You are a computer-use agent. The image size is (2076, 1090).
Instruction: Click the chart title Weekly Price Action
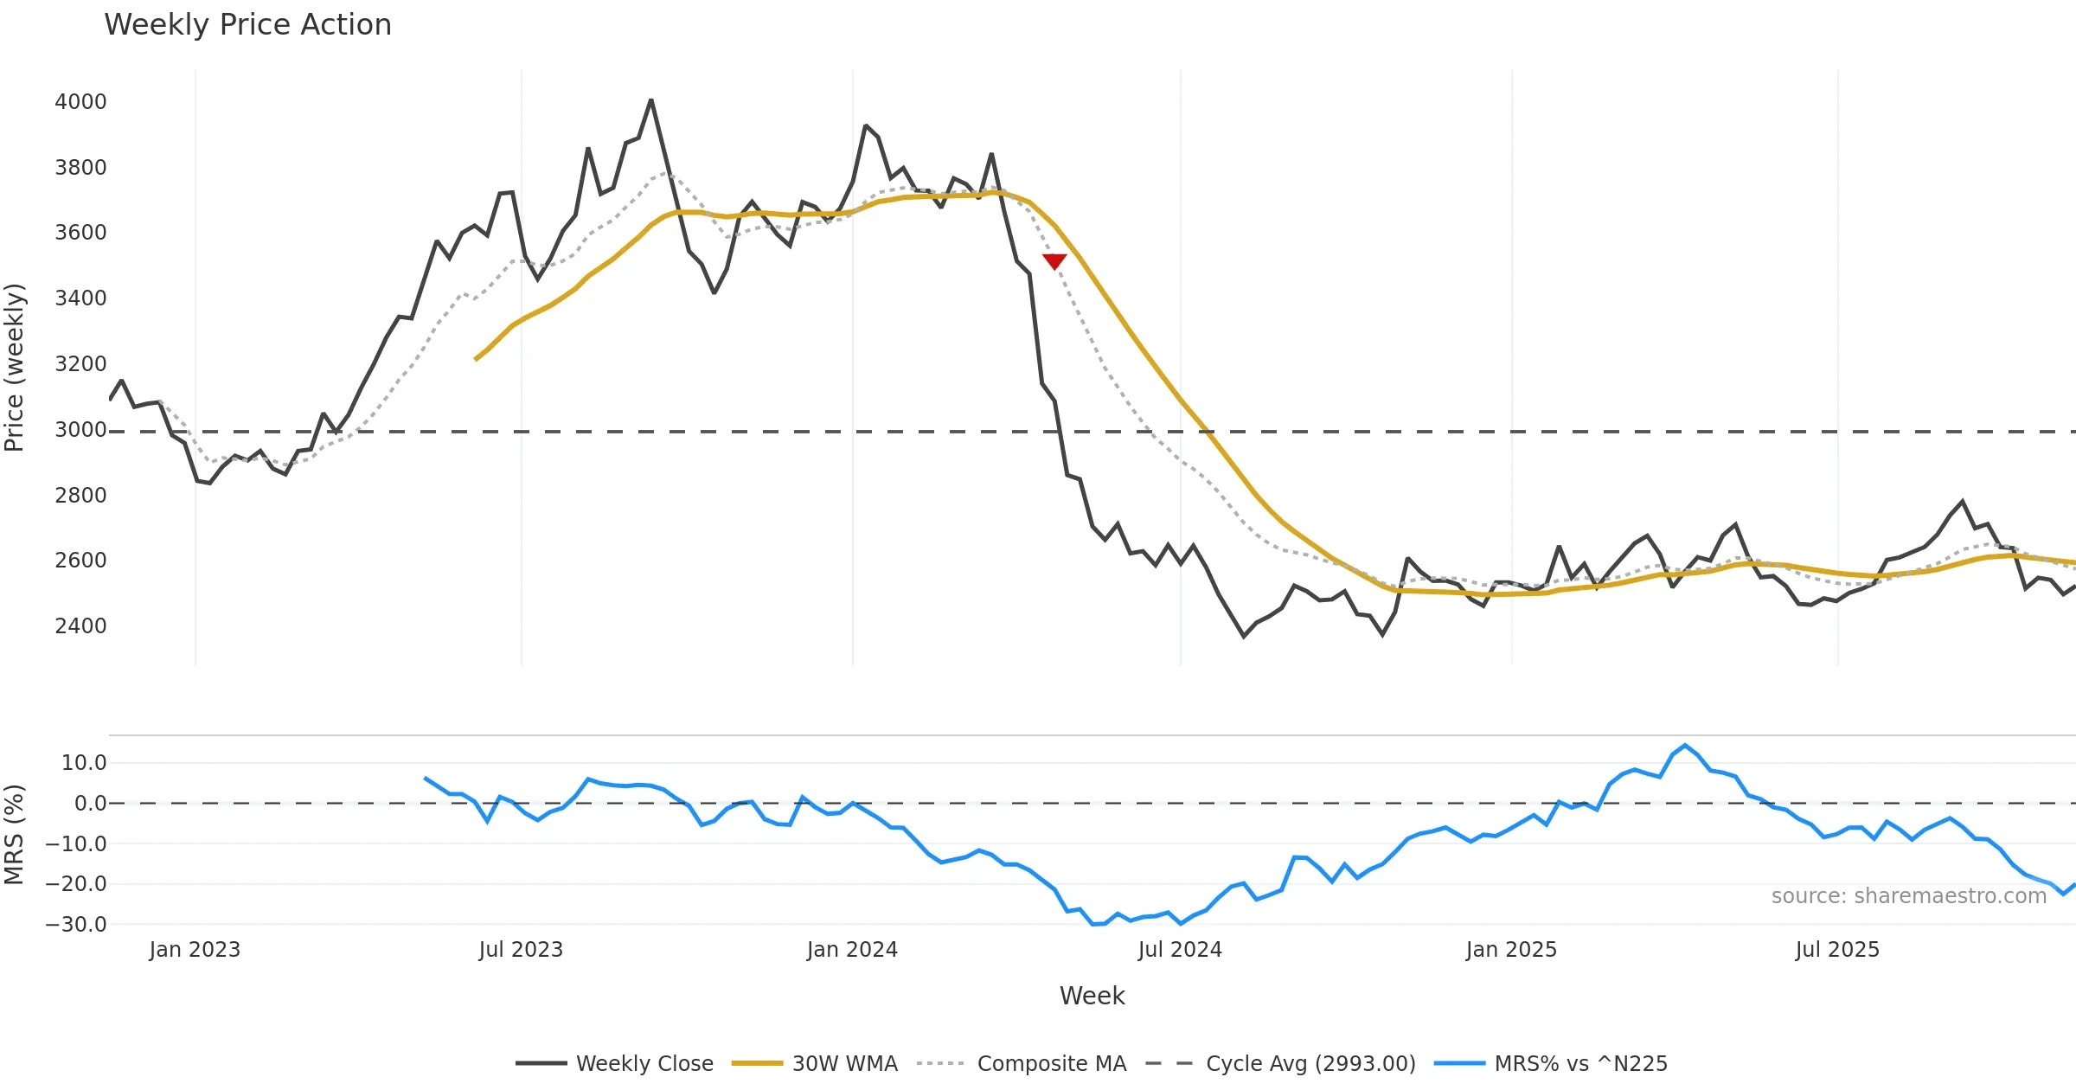tap(247, 25)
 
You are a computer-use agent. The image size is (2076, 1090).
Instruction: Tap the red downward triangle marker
tap(1054, 261)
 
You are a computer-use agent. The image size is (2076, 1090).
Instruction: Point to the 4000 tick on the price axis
tap(80, 102)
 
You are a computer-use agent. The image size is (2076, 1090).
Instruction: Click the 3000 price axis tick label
tap(80, 430)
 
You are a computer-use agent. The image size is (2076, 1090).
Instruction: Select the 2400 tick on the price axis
tap(80, 625)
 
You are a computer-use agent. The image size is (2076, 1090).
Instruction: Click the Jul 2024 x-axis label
tap(1180, 950)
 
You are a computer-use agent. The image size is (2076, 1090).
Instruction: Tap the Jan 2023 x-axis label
tap(195, 950)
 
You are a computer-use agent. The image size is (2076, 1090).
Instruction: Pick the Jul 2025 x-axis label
tap(1837, 950)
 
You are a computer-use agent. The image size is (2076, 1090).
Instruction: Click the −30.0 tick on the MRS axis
tap(76, 924)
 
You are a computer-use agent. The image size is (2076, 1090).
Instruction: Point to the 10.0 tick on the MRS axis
tap(84, 763)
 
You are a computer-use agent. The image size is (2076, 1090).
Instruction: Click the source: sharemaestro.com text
tap(1908, 896)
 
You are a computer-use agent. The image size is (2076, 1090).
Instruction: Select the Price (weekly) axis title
tap(15, 368)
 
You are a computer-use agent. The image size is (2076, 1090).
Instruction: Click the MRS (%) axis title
tap(15, 834)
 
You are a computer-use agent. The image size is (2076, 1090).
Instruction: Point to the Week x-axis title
tap(1092, 996)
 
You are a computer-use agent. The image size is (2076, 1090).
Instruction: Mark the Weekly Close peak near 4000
tap(651, 100)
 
